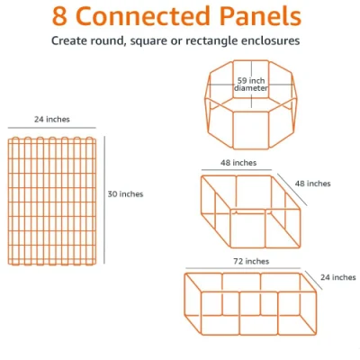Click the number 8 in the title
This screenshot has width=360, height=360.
click(x=59, y=16)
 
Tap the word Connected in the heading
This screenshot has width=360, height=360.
click(x=143, y=16)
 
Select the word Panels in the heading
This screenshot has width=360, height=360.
click(x=260, y=16)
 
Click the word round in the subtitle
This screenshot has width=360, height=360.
click(x=107, y=40)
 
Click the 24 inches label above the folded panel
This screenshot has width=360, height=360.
click(x=52, y=120)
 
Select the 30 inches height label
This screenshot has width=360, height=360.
click(x=125, y=194)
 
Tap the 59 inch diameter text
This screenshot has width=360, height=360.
click(x=251, y=85)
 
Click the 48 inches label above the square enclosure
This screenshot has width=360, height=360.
click(x=238, y=163)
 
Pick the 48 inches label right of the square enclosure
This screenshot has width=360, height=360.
click(x=312, y=184)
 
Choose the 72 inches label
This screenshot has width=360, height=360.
click(x=251, y=262)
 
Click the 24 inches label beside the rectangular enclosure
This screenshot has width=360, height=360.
click(x=338, y=277)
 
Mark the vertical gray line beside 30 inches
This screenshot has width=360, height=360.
click(x=104, y=200)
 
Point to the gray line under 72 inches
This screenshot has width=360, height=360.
click(x=243, y=268)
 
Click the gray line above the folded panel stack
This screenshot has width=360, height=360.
click(x=52, y=128)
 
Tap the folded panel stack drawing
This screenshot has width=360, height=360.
click(x=52, y=201)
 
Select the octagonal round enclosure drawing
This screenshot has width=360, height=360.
click(x=251, y=104)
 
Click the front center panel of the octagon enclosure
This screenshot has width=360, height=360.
click(x=251, y=130)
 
